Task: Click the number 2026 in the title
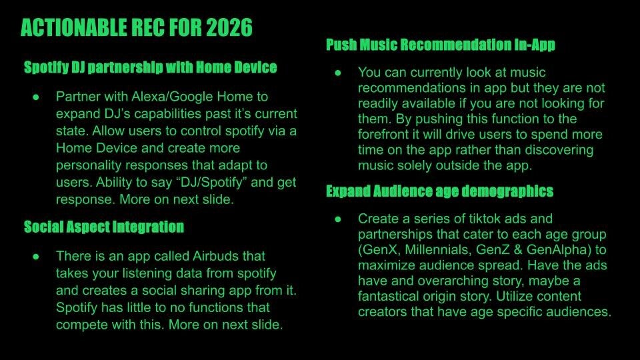229,28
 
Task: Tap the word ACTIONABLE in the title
73,28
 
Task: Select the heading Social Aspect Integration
104,227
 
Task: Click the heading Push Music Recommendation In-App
441,45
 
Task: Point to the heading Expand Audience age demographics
439,191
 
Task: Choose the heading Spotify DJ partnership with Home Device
150,67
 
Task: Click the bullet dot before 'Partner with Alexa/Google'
36,97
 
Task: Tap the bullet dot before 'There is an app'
36,257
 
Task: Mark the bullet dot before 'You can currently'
338,73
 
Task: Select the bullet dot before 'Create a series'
338,219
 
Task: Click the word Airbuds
215,256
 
